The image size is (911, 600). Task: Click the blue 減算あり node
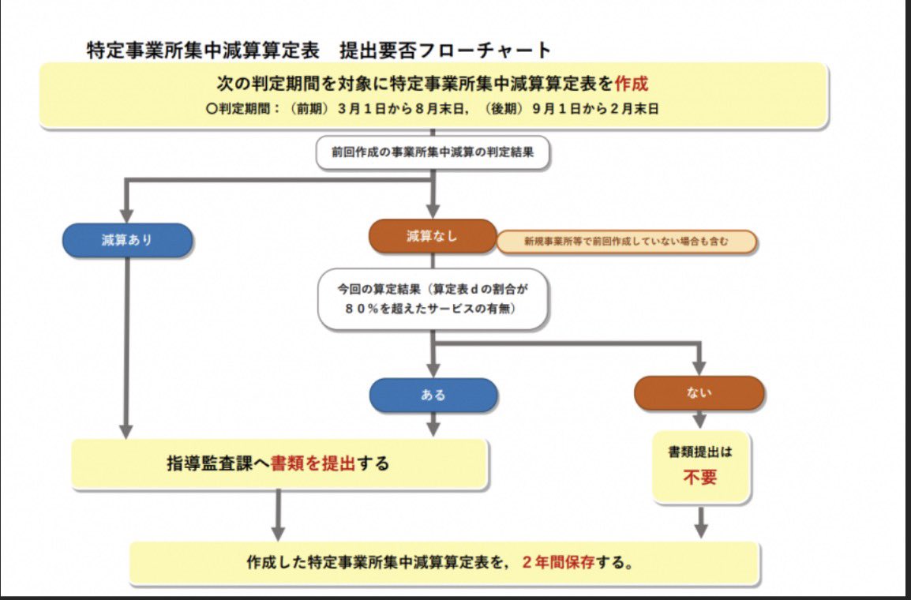(x=127, y=240)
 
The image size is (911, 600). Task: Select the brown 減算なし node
(x=432, y=236)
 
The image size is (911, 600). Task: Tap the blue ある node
(x=433, y=396)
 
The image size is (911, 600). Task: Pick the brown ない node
(x=699, y=392)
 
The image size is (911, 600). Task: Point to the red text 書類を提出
(x=313, y=463)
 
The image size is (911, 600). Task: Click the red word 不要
(x=699, y=478)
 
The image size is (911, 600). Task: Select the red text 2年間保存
(x=557, y=564)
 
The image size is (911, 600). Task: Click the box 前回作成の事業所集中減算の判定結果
(x=433, y=153)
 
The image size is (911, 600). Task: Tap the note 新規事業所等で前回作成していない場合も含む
(x=626, y=242)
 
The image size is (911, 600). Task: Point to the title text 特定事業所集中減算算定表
(x=203, y=50)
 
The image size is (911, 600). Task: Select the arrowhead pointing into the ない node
(x=699, y=368)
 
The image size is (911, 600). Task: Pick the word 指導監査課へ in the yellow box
(x=218, y=463)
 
